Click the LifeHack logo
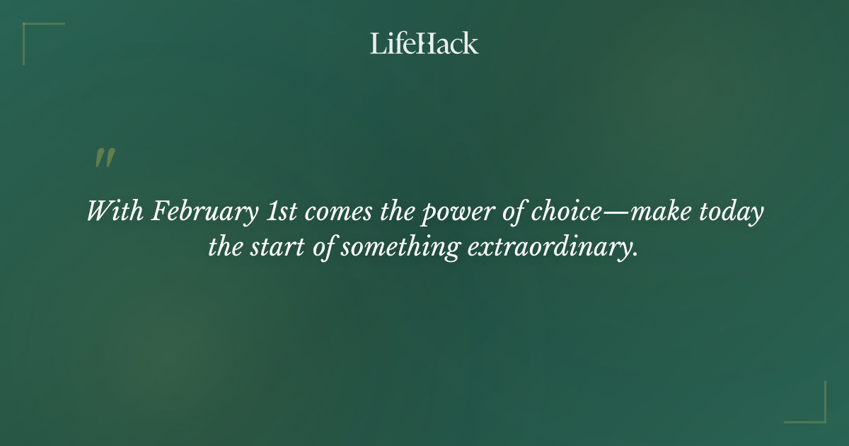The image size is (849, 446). [424, 43]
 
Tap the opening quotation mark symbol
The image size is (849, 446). [105, 158]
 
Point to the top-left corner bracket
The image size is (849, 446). [34, 33]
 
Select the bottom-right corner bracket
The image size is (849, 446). [815, 412]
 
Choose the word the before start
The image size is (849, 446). [224, 248]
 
